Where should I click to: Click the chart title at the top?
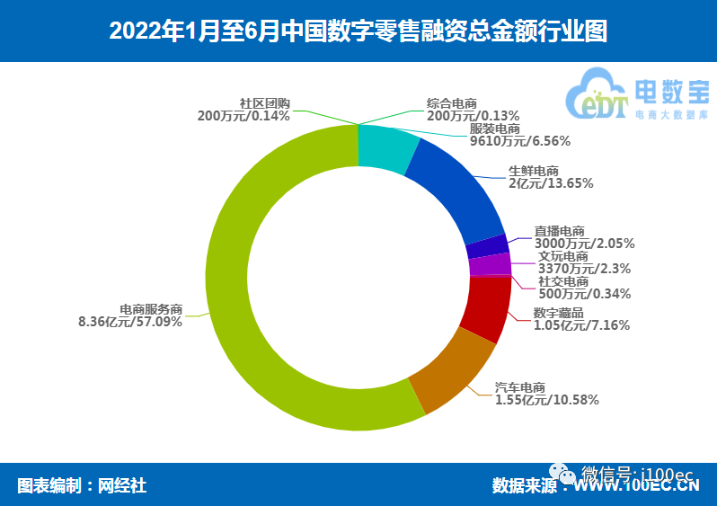[358, 31]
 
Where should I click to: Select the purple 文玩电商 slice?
[491, 265]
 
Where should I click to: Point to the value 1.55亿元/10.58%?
[547, 400]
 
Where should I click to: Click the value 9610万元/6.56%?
[520, 140]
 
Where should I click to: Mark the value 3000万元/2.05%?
[584, 243]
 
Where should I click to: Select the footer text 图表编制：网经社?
[82, 486]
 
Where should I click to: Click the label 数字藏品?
[558, 313]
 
